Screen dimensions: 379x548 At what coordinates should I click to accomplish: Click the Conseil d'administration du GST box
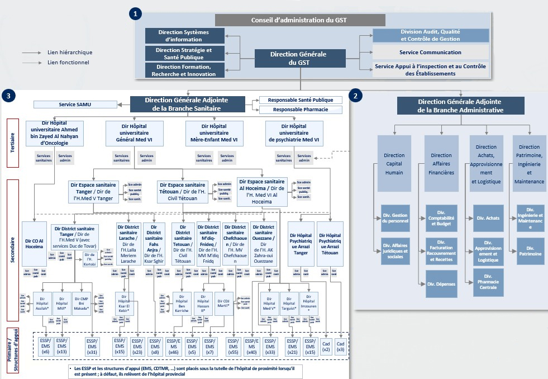[300, 20]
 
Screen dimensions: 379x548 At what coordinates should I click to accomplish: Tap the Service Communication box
[430, 53]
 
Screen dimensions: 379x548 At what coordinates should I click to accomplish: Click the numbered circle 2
[355, 96]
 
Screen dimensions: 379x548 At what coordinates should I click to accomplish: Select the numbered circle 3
[7, 96]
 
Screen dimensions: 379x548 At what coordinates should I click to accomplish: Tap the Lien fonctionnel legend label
[68, 63]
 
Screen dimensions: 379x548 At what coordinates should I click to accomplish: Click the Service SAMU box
[75, 105]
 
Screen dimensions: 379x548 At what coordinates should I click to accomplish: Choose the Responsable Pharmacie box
[301, 110]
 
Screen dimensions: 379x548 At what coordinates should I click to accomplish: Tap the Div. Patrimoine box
[530, 250]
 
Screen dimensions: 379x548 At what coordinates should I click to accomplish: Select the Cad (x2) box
[326, 347]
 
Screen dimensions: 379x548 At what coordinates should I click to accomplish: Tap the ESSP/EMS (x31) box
[92, 347]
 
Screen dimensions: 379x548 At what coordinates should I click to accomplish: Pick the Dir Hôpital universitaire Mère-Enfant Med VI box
[212, 133]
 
